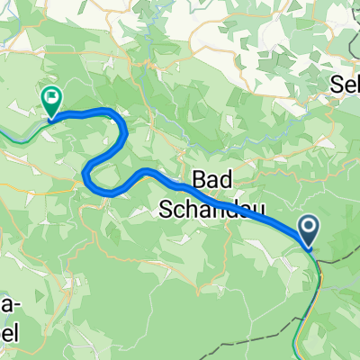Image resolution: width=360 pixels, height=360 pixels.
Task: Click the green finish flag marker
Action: point(50,101)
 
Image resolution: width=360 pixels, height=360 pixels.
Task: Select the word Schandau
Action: point(215,210)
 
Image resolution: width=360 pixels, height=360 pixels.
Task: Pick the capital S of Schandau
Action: point(166,210)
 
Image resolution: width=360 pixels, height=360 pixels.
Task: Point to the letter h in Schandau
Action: point(196,210)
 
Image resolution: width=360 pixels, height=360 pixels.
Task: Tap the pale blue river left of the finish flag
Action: point(18,135)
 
